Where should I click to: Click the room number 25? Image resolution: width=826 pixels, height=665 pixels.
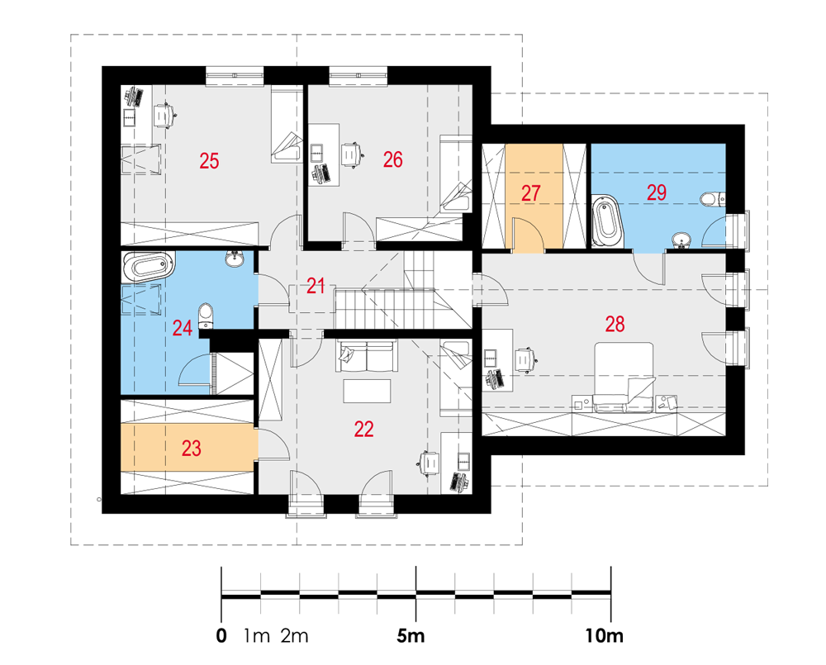click(x=209, y=161)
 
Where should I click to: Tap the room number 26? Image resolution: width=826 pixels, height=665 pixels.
click(x=393, y=159)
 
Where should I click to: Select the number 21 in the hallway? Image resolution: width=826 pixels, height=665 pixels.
click(x=316, y=286)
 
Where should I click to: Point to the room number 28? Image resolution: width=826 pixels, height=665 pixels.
click(x=615, y=324)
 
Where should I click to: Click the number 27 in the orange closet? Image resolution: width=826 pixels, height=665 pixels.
click(x=530, y=192)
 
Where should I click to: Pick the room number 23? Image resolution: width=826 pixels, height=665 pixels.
click(x=192, y=449)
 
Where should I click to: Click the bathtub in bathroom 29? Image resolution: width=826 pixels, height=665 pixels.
click(x=607, y=221)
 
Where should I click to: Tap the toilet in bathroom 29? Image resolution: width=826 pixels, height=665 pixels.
click(x=714, y=199)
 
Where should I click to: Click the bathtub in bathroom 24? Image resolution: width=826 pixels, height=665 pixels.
click(x=148, y=266)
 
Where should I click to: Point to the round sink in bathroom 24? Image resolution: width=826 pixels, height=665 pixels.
click(x=235, y=259)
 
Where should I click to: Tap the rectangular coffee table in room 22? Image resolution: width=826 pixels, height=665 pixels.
click(x=368, y=391)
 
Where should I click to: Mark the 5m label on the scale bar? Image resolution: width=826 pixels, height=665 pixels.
click(x=411, y=636)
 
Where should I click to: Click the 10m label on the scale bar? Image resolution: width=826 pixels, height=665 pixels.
click(x=605, y=636)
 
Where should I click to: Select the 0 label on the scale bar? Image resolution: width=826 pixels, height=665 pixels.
click(x=221, y=636)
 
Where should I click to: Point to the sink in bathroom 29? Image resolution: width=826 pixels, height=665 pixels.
click(x=681, y=240)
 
